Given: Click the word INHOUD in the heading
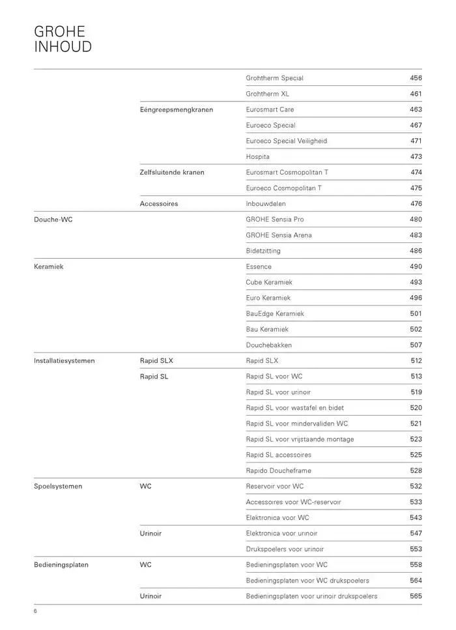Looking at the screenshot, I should [63, 47].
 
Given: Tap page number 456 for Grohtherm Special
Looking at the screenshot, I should [416, 78].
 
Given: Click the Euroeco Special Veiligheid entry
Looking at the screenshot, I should [286, 141].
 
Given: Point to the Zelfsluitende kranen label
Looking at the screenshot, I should [171, 172].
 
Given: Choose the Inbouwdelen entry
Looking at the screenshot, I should [266, 204].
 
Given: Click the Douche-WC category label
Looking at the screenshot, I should [53, 220].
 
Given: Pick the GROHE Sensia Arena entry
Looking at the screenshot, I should [278, 235].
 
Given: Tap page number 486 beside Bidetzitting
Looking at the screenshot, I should [416, 251].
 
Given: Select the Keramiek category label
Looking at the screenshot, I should [48, 266].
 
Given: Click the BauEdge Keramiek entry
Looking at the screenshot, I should [274, 313].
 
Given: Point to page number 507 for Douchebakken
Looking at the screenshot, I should [416, 345].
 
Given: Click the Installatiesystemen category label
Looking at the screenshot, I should [64, 360].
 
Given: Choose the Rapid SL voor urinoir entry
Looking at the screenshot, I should [278, 392].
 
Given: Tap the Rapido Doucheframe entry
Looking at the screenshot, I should [278, 470].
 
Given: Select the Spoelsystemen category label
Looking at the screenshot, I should [58, 486].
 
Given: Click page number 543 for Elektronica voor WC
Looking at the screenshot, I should [416, 518].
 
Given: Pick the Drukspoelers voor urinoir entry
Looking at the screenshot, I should [284, 549].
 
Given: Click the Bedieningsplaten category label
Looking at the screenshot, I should [61, 565].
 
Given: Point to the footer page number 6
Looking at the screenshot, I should [36, 611].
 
